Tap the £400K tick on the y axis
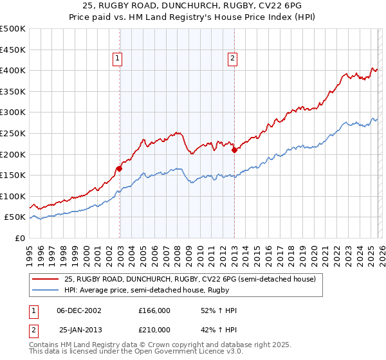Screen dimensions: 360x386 click(x=13, y=70)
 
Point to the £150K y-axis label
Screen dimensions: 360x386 click(x=13, y=175)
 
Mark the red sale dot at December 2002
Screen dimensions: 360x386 click(x=119, y=169)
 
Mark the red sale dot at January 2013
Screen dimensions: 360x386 click(x=234, y=150)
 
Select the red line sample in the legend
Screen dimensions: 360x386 click(x=46, y=280)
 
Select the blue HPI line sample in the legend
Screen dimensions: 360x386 click(x=46, y=290)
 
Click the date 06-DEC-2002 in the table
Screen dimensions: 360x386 click(x=79, y=310)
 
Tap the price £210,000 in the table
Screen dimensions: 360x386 click(x=154, y=330)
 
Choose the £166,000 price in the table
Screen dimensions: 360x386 click(x=154, y=310)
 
